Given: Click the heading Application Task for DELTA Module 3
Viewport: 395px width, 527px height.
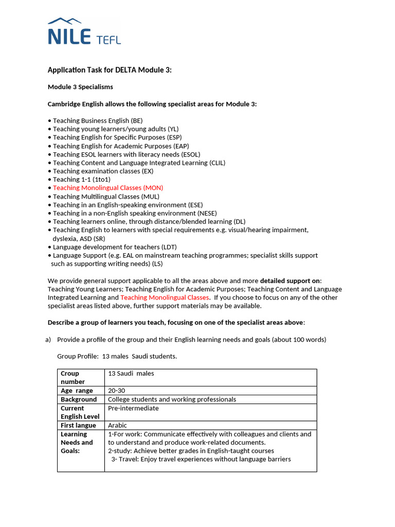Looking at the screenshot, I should pyautogui.click(x=109, y=70).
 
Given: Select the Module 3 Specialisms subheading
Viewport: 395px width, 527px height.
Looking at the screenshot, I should pyautogui.click(x=80, y=87).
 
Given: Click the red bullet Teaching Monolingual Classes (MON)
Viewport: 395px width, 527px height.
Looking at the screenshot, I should pyautogui.click(x=108, y=188).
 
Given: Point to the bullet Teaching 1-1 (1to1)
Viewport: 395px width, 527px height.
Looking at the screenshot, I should pyautogui.click(x=81, y=180).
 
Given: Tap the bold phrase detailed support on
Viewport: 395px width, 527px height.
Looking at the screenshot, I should pyautogui.click(x=290, y=280).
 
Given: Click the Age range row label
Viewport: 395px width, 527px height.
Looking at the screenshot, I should pyautogui.click(x=77, y=391).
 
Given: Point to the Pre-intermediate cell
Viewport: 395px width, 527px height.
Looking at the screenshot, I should pyautogui.click(x=133, y=408).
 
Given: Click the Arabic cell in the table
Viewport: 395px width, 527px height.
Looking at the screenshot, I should pyautogui.click(x=117, y=425).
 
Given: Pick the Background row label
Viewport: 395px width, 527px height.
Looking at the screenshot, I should pyautogui.click(x=79, y=399).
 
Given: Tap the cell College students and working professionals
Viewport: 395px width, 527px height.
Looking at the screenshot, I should pyautogui.click(x=172, y=399).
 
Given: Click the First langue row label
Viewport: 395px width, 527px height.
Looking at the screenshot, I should pyautogui.click(x=78, y=425).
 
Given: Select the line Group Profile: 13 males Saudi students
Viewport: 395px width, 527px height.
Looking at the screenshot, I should pyautogui.click(x=117, y=357).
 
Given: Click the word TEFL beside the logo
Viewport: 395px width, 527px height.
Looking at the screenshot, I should pyautogui.click(x=109, y=39).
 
